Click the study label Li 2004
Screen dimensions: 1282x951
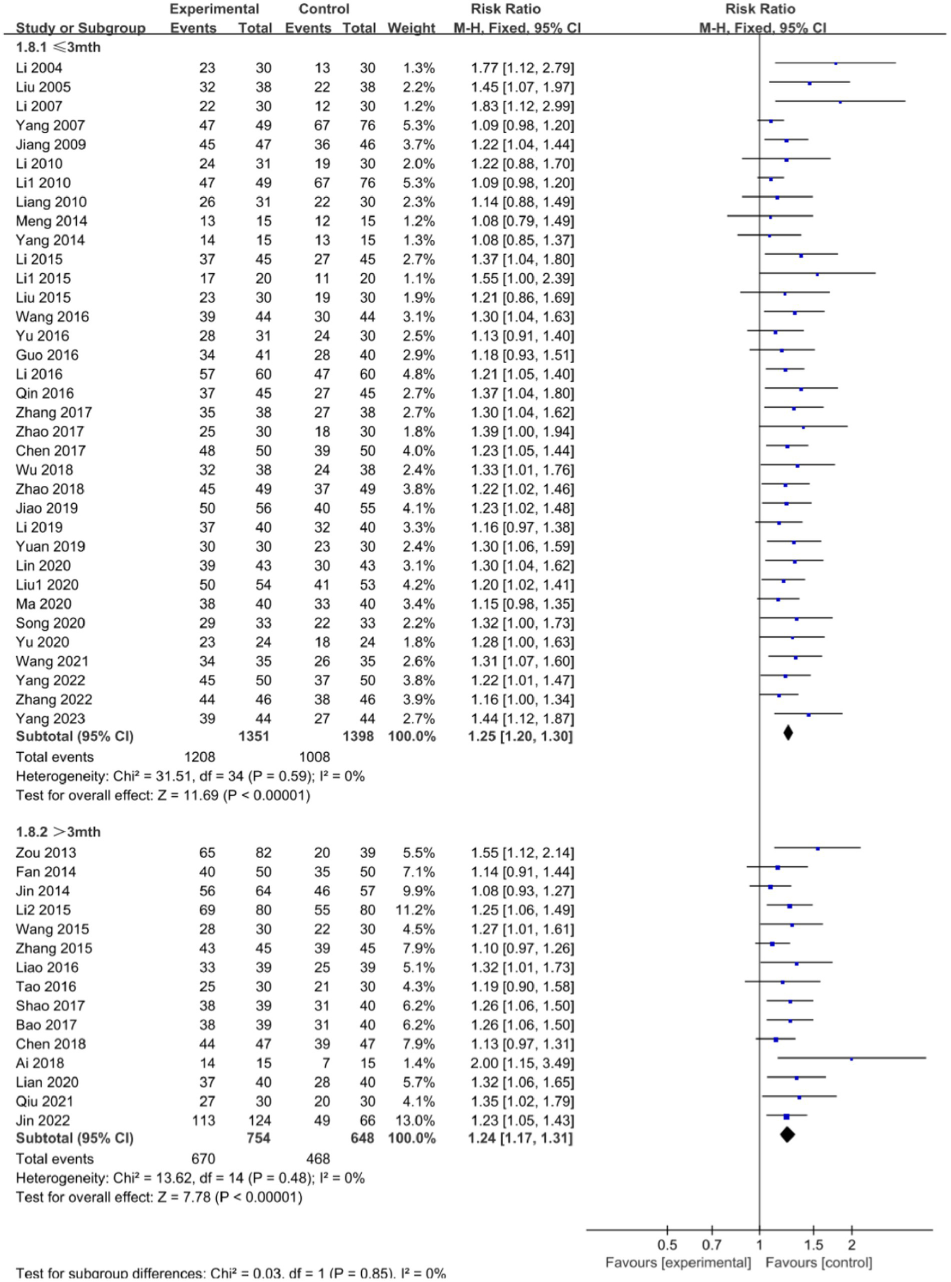click(39, 68)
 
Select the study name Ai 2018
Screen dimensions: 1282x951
click(40, 1063)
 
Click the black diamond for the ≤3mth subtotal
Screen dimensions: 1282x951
click(787, 733)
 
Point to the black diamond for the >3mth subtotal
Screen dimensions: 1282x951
click(787, 1135)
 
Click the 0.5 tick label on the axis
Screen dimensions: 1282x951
click(667, 1245)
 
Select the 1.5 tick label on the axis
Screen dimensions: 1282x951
click(813, 1245)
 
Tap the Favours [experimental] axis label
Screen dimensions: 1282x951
click(678, 1263)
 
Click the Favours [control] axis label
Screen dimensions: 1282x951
click(818, 1263)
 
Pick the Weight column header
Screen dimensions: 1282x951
click(411, 28)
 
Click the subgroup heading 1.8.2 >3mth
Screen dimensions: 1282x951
click(58, 832)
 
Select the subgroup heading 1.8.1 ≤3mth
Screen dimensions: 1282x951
click(58, 47)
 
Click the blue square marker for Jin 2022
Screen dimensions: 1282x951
click(786, 1117)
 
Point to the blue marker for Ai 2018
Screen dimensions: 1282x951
click(851, 1059)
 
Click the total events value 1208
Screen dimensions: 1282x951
click(199, 757)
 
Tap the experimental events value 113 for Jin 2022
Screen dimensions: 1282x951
click(204, 1120)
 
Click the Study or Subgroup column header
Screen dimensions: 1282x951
click(81, 28)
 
